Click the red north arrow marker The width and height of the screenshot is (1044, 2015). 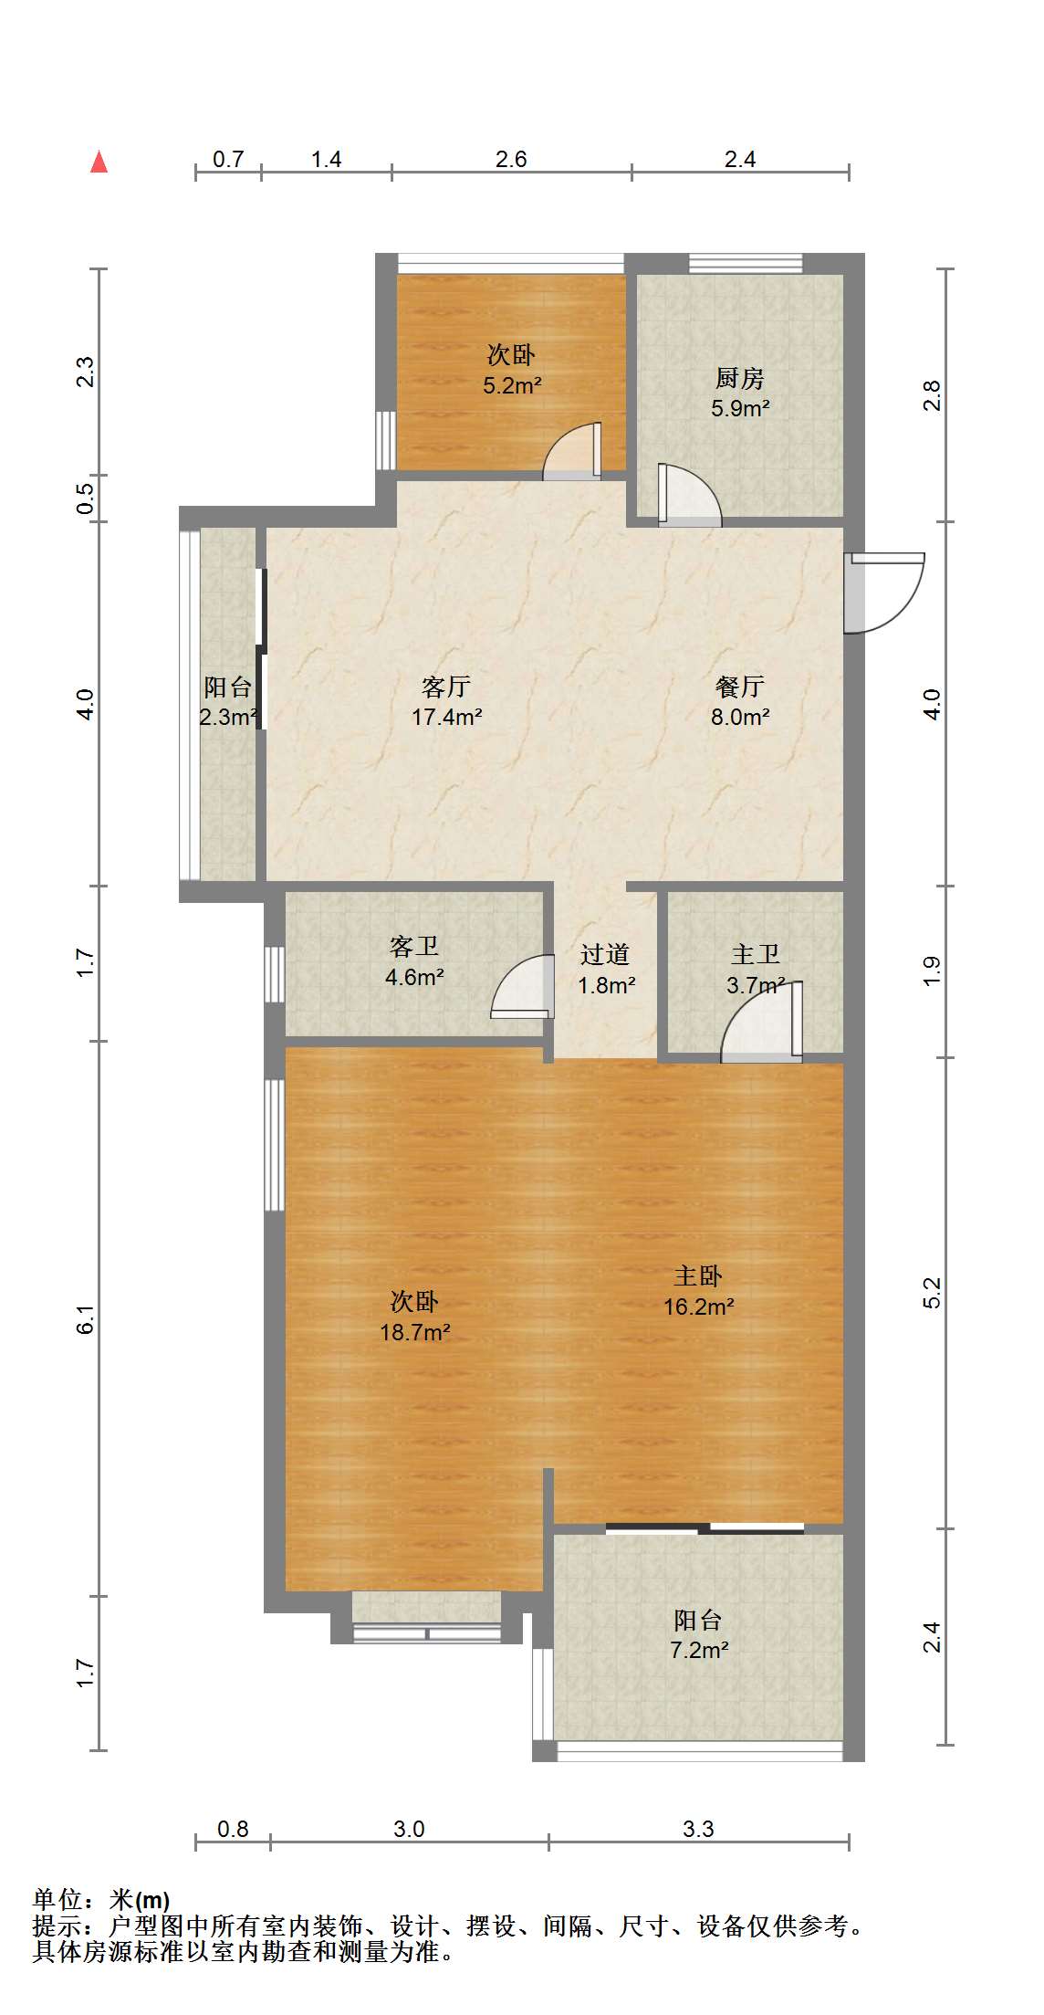coord(99,162)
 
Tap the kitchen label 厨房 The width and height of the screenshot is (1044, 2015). coord(739,378)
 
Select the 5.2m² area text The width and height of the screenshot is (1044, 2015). coord(512,385)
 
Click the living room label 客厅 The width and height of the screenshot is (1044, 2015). coord(446,687)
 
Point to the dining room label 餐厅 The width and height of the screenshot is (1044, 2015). coord(740,687)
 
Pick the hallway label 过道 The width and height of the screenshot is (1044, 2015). coord(605,955)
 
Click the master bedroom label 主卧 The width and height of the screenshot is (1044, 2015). coord(698,1276)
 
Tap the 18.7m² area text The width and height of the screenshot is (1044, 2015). coord(415,1332)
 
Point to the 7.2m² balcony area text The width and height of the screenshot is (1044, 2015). coord(699,1650)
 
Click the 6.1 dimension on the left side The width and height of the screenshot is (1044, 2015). coord(85,1319)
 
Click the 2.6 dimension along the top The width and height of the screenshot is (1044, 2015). coord(511,160)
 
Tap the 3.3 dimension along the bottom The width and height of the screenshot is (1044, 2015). coord(698,1829)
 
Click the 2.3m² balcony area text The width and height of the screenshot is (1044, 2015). coord(228,717)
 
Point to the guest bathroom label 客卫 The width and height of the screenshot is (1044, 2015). coord(414,947)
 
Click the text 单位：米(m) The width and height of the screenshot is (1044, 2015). coord(101,1900)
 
